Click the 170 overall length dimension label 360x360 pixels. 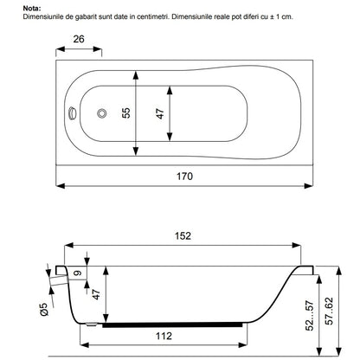(184, 176)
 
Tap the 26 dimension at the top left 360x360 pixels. (79, 39)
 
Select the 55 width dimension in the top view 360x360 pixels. (126, 112)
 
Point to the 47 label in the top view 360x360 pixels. (160, 113)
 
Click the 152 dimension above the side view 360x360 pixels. (183, 236)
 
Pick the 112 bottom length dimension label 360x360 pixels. (164, 336)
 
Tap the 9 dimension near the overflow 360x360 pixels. (78, 273)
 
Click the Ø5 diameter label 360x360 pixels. (44, 309)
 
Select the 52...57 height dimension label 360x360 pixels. (309, 316)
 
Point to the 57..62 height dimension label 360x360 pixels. (329, 312)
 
